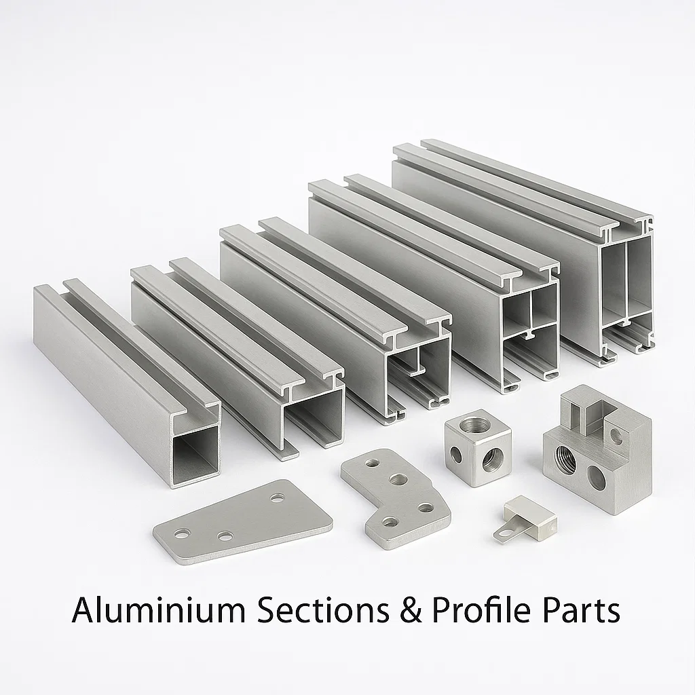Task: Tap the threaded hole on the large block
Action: [x=565, y=462]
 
